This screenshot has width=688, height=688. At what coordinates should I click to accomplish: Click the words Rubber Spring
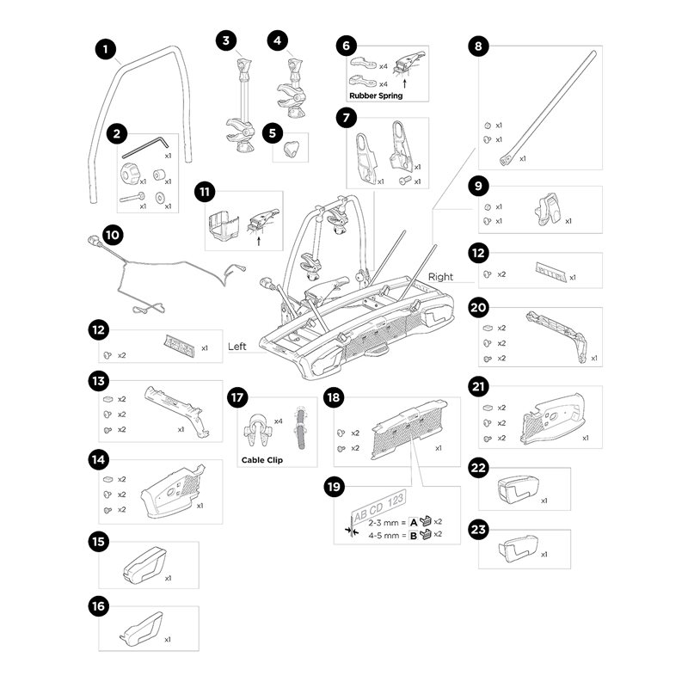click(376, 96)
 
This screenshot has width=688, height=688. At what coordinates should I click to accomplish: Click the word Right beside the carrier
click(440, 278)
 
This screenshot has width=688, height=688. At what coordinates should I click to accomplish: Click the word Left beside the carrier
click(236, 347)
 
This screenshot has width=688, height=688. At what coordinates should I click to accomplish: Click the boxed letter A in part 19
click(413, 522)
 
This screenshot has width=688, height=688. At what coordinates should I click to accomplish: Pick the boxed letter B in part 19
click(413, 536)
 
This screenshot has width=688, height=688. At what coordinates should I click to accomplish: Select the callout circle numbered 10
click(113, 233)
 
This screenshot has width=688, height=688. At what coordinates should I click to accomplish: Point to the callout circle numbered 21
click(479, 388)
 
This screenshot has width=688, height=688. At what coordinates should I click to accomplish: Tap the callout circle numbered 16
click(100, 607)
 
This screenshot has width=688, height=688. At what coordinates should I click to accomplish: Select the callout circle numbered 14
click(100, 460)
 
